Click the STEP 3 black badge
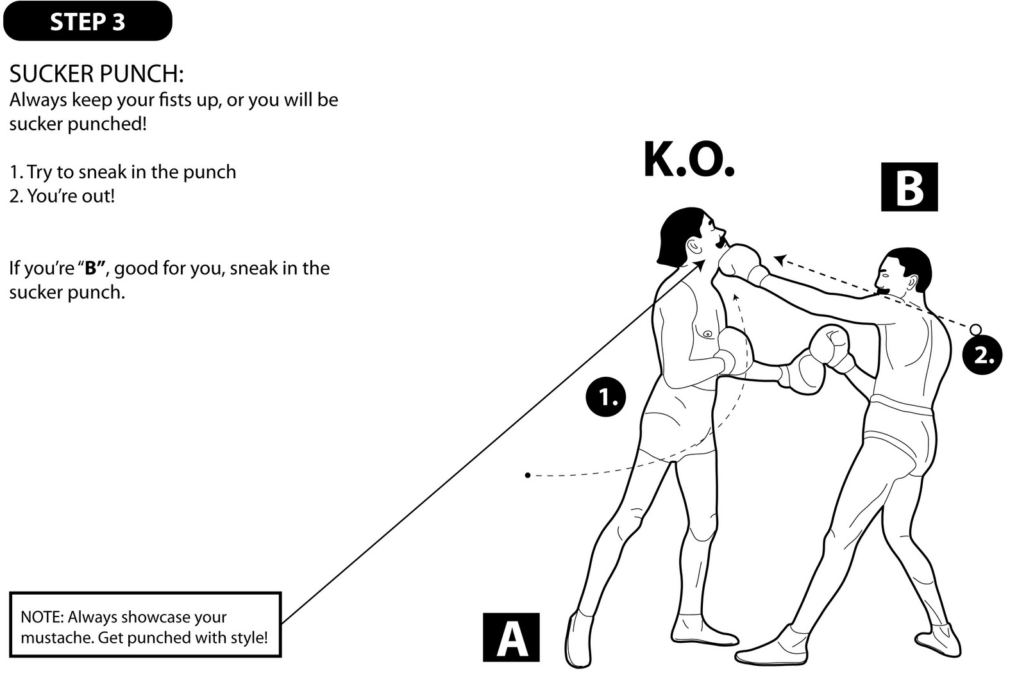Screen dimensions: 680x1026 coord(87,21)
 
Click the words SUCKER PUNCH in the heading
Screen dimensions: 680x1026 coord(96,74)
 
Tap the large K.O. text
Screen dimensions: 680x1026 coord(689,160)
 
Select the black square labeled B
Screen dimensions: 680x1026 coord(909,187)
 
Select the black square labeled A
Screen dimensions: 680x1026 coord(511,638)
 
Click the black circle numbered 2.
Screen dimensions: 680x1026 coord(982,354)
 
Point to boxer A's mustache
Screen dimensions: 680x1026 coord(723,242)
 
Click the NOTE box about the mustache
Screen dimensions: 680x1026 coord(146,625)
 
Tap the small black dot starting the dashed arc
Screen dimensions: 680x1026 coord(527,475)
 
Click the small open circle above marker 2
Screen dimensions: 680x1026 coord(975,329)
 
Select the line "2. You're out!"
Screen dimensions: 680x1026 coord(62,195)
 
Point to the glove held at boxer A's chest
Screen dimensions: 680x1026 coord(735,351)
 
